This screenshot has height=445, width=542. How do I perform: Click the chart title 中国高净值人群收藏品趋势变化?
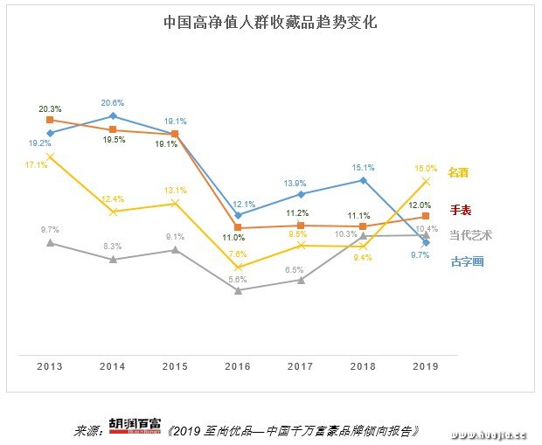tap(270, 23)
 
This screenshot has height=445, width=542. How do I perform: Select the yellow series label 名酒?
tap(459, 173)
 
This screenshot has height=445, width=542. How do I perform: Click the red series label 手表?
tap(461, 210)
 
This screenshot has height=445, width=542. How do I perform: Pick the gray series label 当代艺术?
tap(470, 235)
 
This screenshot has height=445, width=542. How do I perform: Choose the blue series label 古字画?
tap(467, 261)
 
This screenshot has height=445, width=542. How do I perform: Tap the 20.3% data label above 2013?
tap(51, 109)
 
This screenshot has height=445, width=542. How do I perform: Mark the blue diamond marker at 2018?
tap(363, 180)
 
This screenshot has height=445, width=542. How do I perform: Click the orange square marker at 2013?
tap(51, 120)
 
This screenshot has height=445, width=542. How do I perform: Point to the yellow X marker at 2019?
tap(426, 181)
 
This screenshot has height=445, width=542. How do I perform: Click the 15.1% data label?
tap(363, 168)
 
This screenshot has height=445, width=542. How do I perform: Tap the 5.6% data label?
tap(238, 279)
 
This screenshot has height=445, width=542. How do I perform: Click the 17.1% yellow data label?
tap(37, 163)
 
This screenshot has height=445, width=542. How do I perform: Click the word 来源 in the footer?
tap(87, 431)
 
